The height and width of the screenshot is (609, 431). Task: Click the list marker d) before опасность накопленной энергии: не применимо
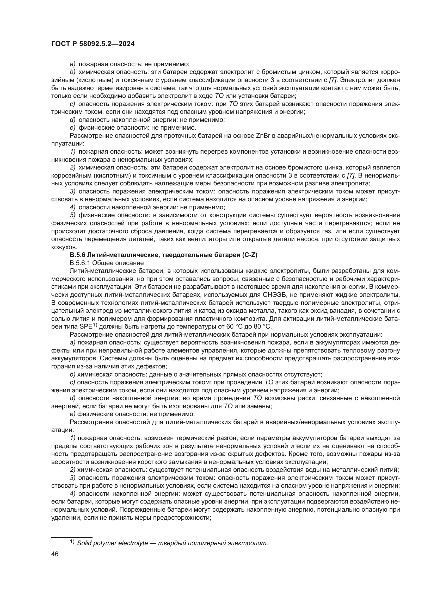pos(73,120)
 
